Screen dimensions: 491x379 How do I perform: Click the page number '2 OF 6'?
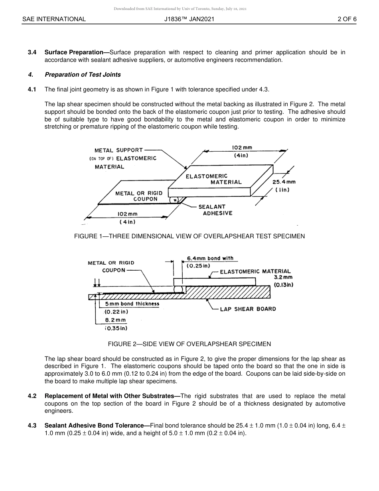[347, 19]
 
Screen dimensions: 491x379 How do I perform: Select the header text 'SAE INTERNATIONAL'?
[54, 19]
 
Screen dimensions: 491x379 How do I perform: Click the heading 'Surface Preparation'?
[74, 52]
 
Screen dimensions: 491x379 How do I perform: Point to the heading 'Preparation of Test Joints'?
[83, 75]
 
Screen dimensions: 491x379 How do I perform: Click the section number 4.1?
[32, 89]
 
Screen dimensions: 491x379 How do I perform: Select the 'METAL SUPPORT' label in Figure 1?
[118, 150]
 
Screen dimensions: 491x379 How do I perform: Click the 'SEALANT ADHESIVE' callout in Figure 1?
[215, 210]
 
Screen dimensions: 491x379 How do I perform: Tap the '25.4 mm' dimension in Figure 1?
[284, 182]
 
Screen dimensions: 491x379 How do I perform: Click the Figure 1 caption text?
[189, 236]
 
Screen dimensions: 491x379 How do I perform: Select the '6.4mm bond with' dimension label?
[210, 258]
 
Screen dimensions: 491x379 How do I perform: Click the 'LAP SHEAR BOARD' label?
[248, 309]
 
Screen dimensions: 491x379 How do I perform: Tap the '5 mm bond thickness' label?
[132, 304]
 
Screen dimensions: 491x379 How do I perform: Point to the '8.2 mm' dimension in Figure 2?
[115, 320]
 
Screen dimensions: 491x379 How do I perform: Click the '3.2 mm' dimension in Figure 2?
[283, 277]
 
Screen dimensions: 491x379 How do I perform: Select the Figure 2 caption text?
[189, 344]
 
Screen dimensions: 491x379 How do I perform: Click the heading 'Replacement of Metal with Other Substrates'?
[112, 396]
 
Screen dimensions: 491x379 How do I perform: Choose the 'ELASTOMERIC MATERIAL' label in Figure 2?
[255, 271]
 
